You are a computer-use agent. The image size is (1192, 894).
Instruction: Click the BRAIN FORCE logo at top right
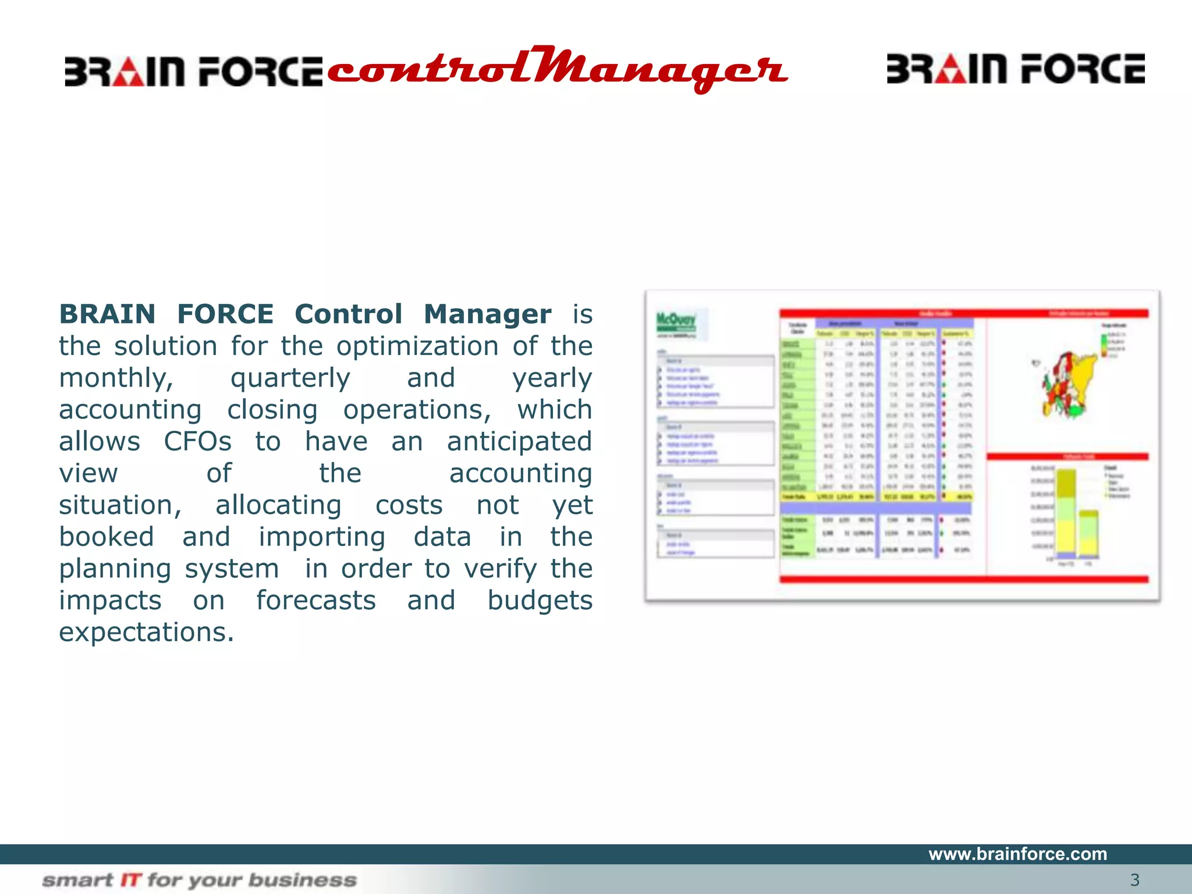(1015, 69)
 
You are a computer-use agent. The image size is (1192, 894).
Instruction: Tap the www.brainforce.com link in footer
(1017, 854)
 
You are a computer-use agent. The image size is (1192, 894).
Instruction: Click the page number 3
(1134, 879)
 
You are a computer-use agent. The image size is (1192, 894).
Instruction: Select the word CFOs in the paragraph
(197, 441)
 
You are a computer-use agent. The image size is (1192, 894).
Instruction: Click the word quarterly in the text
(290, 378)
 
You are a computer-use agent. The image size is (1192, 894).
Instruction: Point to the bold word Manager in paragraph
(487, 314)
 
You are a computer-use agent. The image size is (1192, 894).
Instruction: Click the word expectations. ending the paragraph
(146, 632)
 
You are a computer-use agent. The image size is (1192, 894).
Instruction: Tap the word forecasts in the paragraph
(316, 600)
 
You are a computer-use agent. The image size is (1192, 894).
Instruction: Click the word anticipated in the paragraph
(519, 441)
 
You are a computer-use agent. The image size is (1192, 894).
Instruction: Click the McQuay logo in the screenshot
(676, 322)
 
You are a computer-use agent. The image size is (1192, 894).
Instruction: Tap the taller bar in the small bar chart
(1066, 512)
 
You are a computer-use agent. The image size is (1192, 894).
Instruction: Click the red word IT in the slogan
(131, 879)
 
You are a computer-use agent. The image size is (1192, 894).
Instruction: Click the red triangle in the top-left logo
(128, 73)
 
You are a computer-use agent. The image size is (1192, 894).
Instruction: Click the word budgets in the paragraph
(540, 600)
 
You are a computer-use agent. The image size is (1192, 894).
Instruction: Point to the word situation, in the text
(120, 505)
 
